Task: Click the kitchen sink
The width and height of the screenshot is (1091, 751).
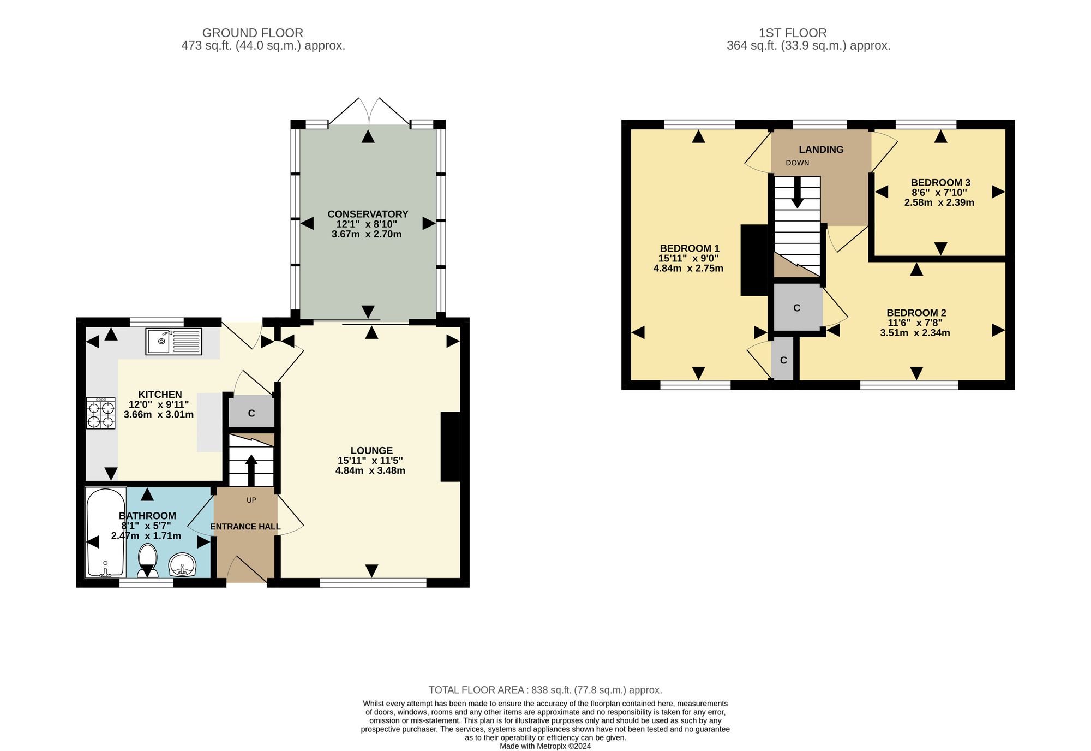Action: point(173,341)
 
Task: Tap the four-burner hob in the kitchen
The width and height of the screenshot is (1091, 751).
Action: point(101,413)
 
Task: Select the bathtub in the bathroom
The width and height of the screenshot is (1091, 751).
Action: point(106,532)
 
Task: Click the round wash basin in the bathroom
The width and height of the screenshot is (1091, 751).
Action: point(182,565)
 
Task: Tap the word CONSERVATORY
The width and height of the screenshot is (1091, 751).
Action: point(368,214)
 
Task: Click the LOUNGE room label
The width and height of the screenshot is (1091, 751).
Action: point(371,450)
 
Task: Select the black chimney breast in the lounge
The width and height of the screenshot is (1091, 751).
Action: point(451,446)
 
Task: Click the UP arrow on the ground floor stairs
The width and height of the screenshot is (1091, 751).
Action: point(251,470)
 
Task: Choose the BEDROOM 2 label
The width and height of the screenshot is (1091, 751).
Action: point(916,313)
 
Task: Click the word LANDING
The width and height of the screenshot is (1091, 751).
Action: point(821,150)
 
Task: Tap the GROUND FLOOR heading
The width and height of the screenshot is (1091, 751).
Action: point(253,33)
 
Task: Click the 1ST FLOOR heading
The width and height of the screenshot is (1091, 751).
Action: point(793,33)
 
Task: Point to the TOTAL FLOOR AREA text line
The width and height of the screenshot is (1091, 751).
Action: point(545,690)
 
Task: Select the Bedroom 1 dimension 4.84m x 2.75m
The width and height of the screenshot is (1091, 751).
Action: point(688,268)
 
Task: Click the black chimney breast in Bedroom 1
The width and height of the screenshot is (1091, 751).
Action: point(754,260)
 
